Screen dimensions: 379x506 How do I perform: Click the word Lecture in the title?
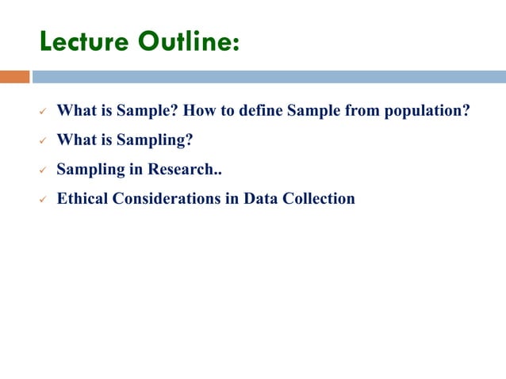point(82,41)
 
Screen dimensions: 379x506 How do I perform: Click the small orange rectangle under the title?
point(14,77)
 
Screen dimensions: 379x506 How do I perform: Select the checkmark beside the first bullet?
point(44,112)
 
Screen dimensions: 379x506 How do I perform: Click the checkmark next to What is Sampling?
point(44,141)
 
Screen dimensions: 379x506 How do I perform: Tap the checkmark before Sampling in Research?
point(44,170)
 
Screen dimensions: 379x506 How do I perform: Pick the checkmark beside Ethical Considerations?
point(44,200)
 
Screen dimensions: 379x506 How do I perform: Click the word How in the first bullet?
point(200,110)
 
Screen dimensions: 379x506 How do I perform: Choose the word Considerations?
point(167,198)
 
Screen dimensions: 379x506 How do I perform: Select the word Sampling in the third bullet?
point(91,170)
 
